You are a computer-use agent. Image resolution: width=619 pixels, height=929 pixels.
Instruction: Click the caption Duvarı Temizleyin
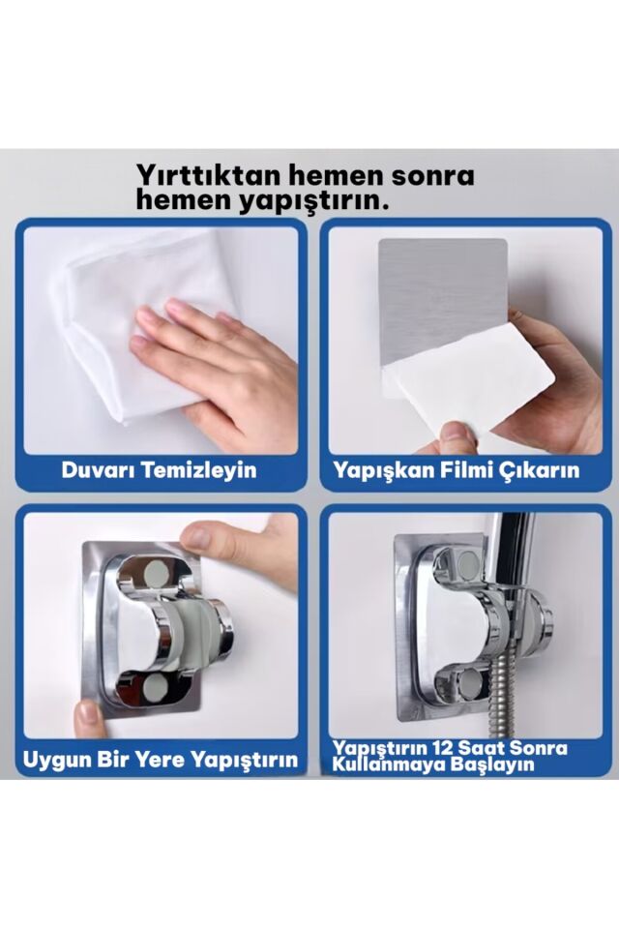point(159,470)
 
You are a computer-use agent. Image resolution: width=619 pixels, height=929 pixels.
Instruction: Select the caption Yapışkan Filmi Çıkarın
point(456,470)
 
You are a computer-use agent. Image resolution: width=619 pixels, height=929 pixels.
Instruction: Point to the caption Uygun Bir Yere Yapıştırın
point(160,760)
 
